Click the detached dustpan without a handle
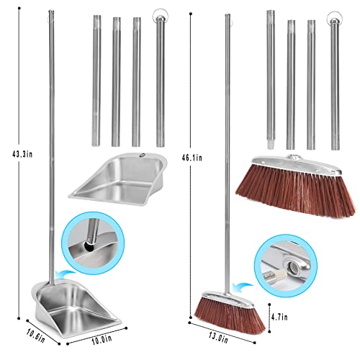click(115, 177)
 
